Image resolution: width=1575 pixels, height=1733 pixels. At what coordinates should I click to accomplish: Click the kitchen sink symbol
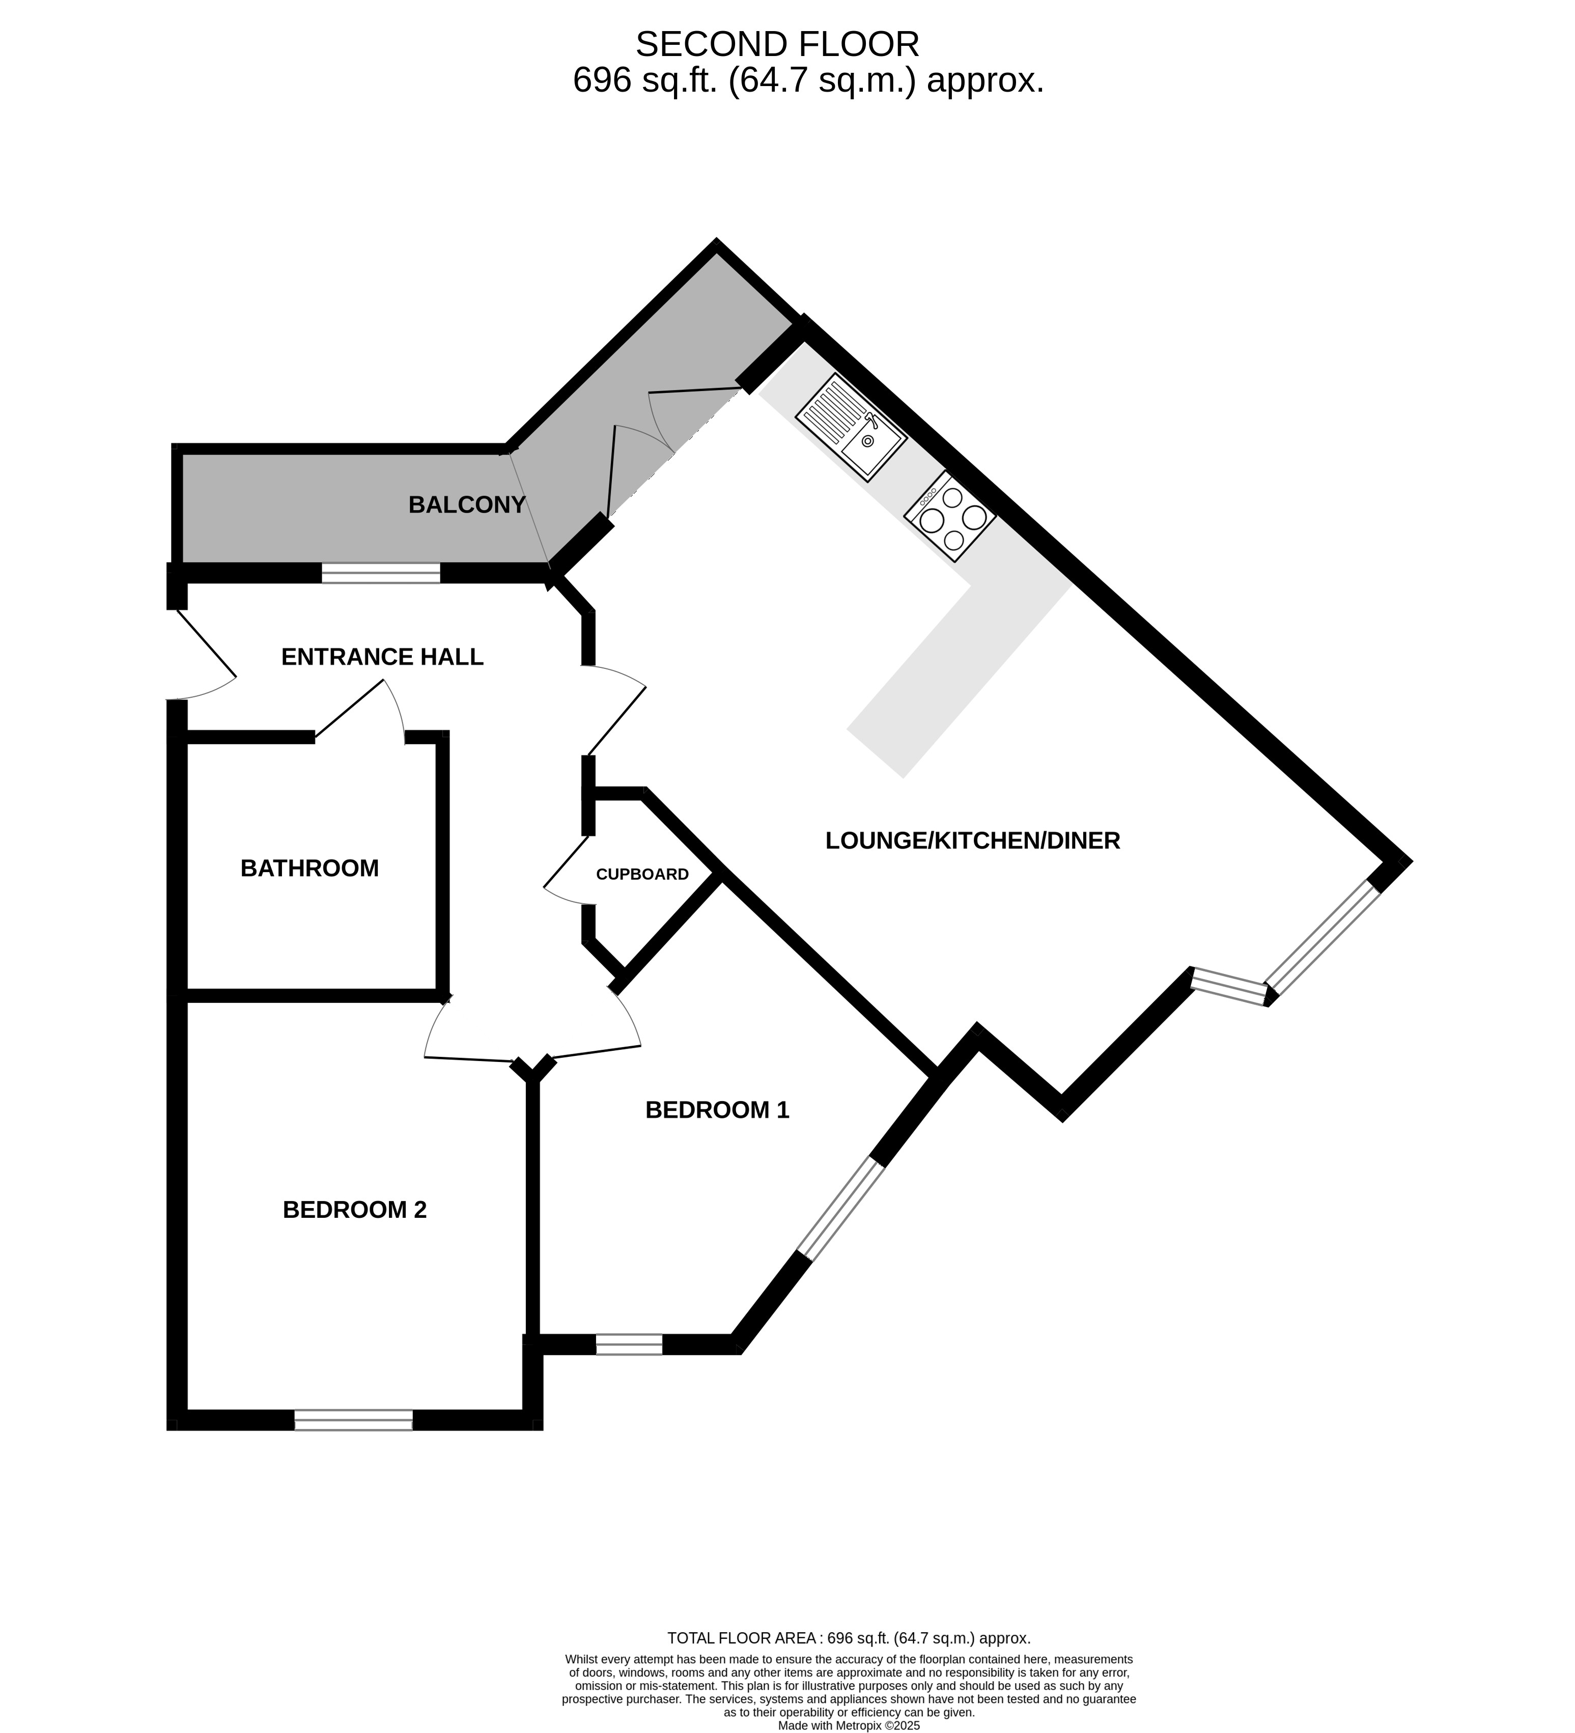[851, 427]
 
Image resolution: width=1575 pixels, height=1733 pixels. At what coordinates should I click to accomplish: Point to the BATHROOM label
[310, 868]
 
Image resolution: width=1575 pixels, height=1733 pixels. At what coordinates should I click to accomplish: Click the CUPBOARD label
[642, 874]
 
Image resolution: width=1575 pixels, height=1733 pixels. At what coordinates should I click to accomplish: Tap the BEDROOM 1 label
[717, 1110]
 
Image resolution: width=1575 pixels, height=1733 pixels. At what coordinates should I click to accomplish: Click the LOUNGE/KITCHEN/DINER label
[972, 841]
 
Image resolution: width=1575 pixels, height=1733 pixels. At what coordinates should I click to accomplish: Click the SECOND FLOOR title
[777, 44]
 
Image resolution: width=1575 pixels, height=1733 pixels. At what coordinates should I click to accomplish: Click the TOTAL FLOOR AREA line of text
[849, 1638]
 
